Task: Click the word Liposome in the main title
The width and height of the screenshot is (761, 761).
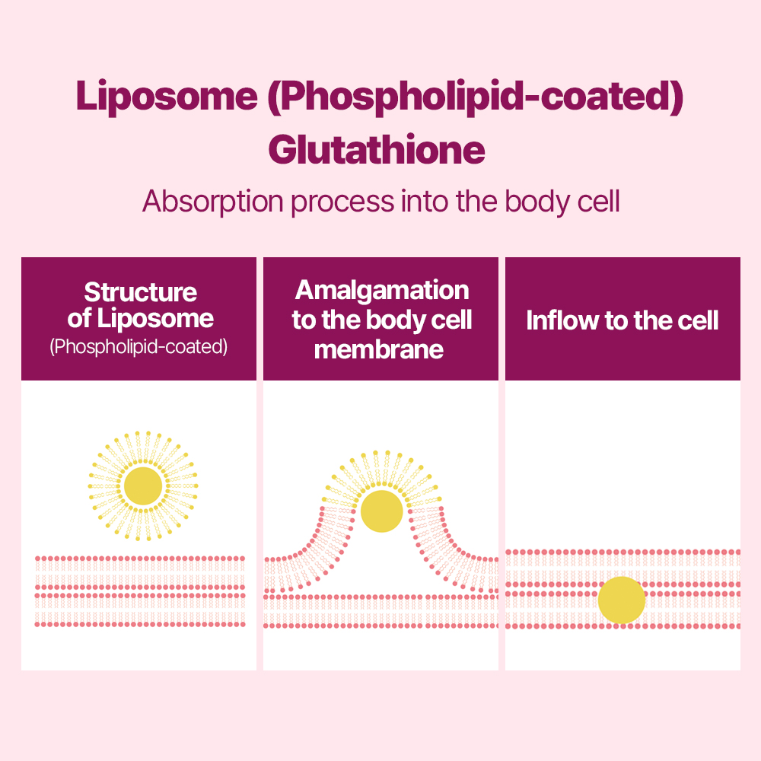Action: [x=167, y=96]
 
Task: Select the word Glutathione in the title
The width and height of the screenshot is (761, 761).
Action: [x=377, y=149]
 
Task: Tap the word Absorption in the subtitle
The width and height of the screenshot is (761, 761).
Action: [x=213, y=202]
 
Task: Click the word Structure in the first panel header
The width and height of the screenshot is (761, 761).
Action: [x=141, y=292]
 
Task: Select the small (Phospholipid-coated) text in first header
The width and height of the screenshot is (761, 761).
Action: [x=139, y=346]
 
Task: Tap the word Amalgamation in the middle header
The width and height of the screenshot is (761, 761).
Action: [x=382, y=290]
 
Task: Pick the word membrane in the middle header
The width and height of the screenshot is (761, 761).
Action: [x=378, y=349]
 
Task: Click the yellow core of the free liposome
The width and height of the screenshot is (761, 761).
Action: [x=143, y=486]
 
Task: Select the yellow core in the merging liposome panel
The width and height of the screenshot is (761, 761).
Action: [x=382, y=511]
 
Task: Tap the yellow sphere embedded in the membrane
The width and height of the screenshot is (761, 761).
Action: [x=622, y=600]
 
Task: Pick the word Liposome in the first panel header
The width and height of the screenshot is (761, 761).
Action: [x=155, y=319]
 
